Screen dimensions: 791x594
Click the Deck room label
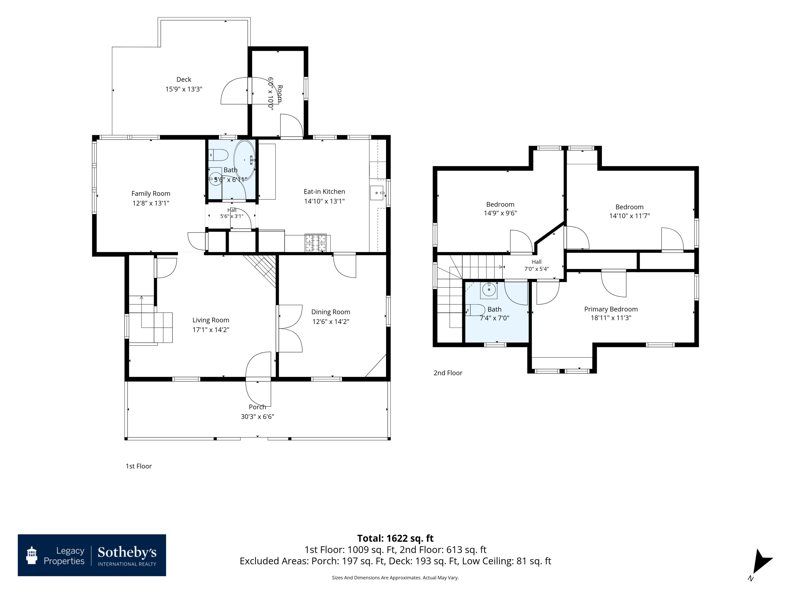pos(184,79)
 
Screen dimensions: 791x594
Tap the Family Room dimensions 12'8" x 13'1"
pos(151,203)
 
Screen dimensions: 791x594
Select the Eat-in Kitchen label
pos(324,192)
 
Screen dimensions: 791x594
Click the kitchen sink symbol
pos(377,193)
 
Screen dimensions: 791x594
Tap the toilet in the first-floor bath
pos(219,155)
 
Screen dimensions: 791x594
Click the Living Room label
pos(211,320)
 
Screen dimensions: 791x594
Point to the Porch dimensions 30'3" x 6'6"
pos(257,416)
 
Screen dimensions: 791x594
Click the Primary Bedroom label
pos(611,309)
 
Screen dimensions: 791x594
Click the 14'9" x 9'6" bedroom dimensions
pos(500,213)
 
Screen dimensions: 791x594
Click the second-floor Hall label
pos(536,262)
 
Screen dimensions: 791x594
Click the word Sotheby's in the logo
pos(127,553)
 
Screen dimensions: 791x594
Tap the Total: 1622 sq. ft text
pos(395,539)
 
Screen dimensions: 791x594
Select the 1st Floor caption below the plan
pos(139,466)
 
